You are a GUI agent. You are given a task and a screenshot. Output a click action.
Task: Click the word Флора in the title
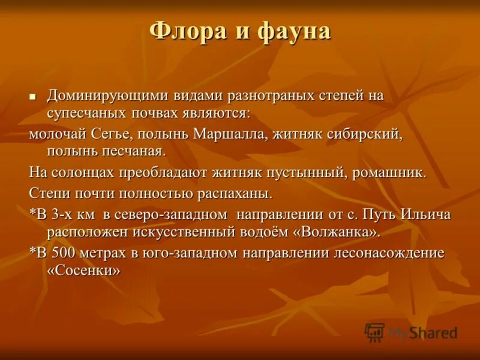[188, 31]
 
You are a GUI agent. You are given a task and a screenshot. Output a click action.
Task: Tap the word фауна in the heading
[295, 31]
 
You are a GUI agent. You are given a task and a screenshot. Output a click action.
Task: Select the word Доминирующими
[107, 95]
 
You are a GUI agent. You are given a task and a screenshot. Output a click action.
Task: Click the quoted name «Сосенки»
[83, 271]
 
